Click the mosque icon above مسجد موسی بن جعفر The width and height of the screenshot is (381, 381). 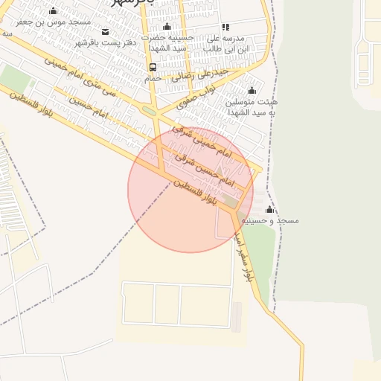coord(54,11)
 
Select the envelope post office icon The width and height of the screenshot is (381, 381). coord(105,31)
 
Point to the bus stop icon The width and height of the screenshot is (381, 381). coord(153,67)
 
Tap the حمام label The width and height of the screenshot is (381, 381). coord(153,77)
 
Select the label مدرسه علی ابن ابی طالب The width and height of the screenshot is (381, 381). coord(225,42)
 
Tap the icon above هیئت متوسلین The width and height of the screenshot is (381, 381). coord(252,91)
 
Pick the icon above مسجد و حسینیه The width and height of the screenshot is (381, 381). coord(269,210)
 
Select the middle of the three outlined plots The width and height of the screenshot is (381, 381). coord(167,306)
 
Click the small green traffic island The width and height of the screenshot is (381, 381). coord(149,112)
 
